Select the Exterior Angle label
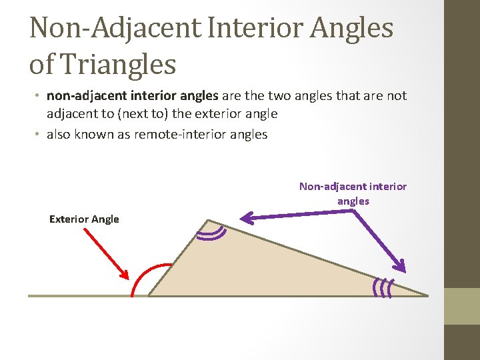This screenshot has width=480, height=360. (84, 219)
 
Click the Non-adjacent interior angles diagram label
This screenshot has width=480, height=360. (353, 193)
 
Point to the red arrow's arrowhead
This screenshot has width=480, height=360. (125, 274)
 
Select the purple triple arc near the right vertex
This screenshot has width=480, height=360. (382, 286)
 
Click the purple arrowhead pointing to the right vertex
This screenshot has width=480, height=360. (401, 265)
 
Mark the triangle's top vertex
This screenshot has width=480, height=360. (207, 220)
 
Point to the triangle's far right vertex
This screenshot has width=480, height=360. (427, 295)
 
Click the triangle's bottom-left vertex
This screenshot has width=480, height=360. (148, 295)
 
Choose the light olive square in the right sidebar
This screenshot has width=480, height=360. (462, 306)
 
